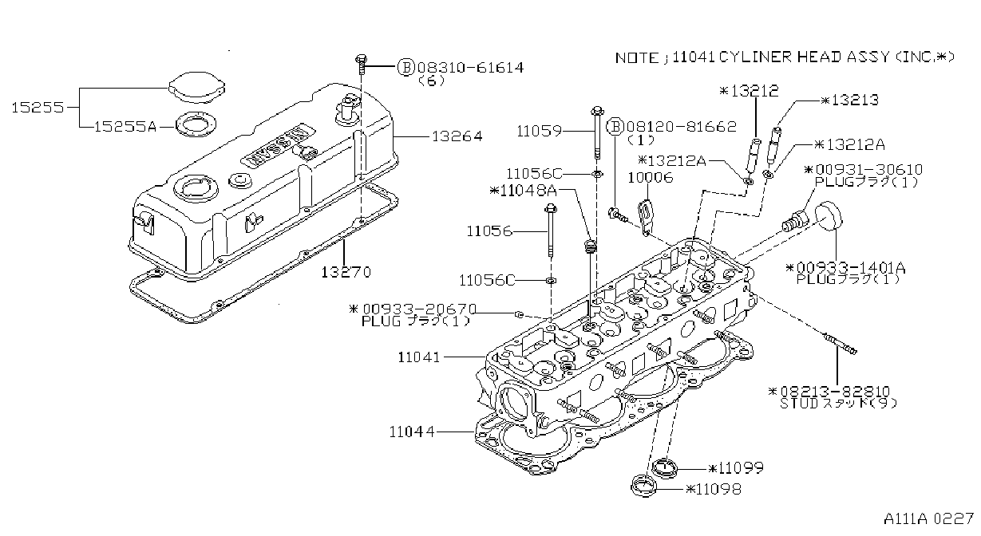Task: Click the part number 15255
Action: pos(38,107)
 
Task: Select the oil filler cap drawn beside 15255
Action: pos(196,88)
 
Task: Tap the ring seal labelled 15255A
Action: pos(196,124)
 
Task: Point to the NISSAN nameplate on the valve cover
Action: pos(279,147)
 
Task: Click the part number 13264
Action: pos(457,136)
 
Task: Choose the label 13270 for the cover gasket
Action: pos(346,273)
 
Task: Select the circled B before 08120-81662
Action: pos(615,127)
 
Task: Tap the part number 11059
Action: pos(539,131)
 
